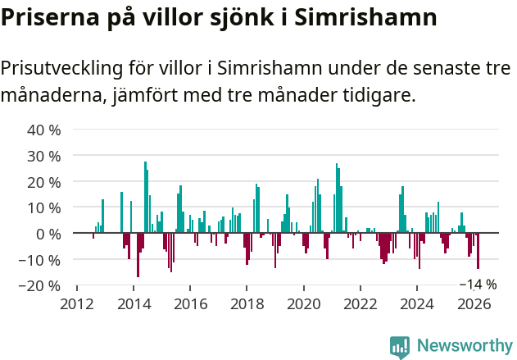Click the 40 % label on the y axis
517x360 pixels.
44,130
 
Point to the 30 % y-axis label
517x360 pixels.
44,156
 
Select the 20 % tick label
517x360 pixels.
44,181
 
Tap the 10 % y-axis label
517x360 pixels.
44,207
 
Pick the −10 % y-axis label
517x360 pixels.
40,260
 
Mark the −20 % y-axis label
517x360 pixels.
40,285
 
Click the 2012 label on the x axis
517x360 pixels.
76,303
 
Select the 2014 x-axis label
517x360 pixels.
134,303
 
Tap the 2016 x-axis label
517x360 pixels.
190,303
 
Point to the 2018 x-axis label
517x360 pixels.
247,303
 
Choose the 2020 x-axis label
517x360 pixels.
303,303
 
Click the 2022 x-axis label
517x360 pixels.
360,303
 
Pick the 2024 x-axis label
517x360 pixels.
416,303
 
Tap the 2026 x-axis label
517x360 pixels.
473,303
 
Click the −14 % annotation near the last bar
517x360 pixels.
478,285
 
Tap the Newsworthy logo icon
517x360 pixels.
400,346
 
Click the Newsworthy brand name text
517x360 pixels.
464,346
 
